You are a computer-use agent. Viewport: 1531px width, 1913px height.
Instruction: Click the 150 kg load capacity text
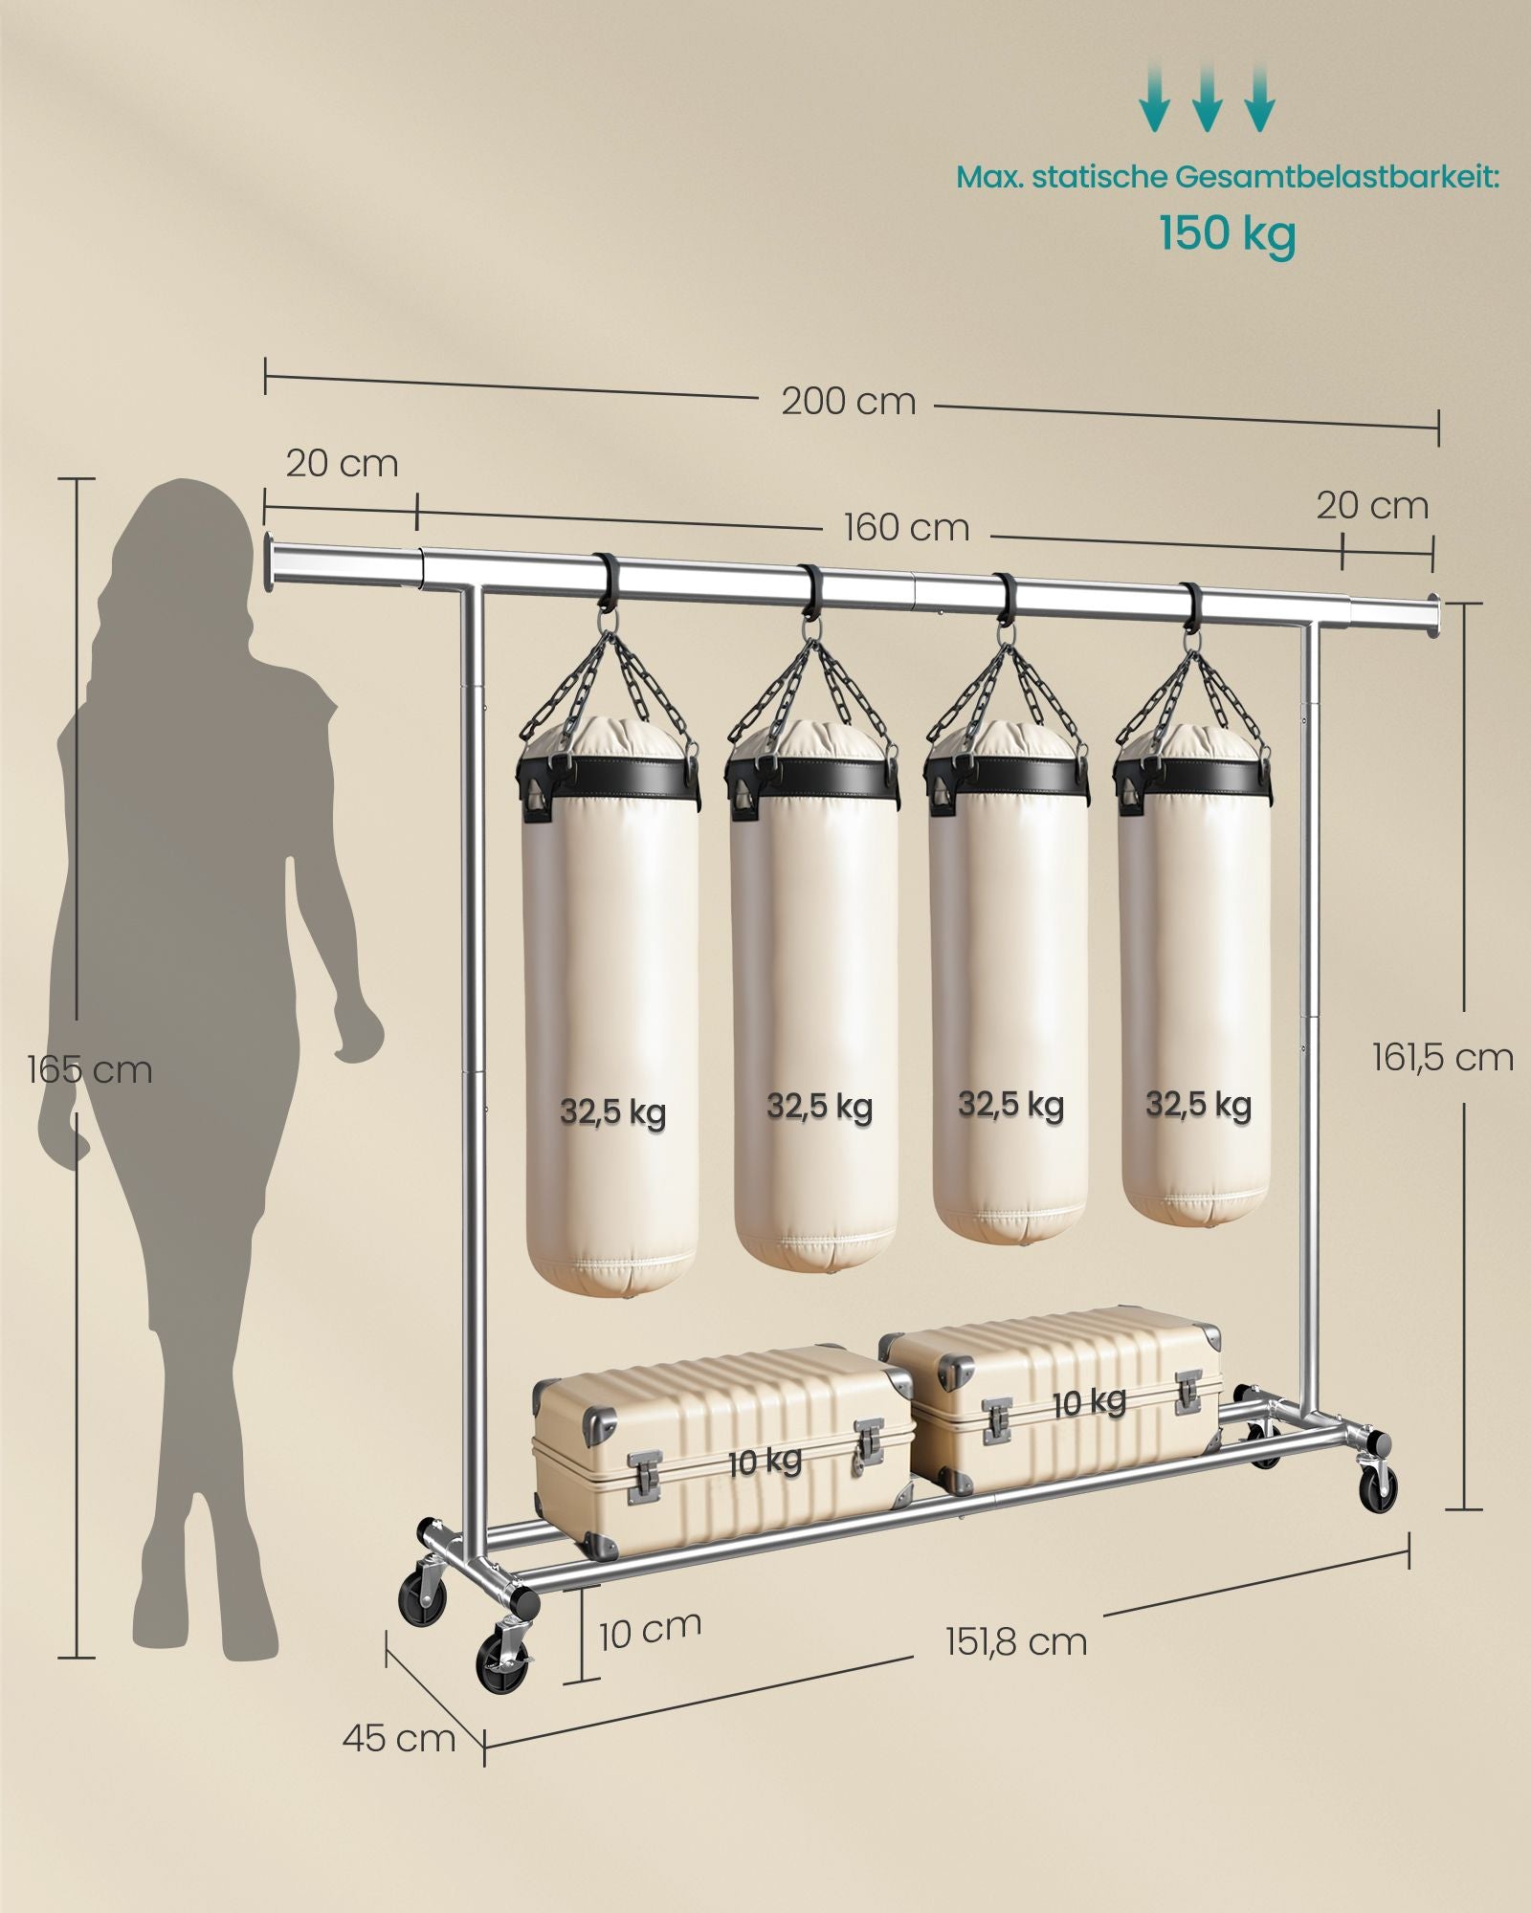pos(1228,233)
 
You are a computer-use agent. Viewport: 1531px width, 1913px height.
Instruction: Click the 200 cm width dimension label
pos(848,401)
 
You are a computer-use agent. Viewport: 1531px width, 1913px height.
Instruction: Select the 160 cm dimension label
pos(905,527)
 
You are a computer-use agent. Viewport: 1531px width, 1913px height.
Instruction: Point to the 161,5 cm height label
pos(1442,1057)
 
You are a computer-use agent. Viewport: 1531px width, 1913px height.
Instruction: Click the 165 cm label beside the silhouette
pos(90,1068)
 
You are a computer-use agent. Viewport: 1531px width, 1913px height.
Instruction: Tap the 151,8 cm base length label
pos(1016,1642)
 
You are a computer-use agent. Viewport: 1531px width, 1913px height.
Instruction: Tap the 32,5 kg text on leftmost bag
pos(612,1112)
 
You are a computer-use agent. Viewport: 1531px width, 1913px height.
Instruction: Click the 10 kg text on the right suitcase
pos(1089,1402)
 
